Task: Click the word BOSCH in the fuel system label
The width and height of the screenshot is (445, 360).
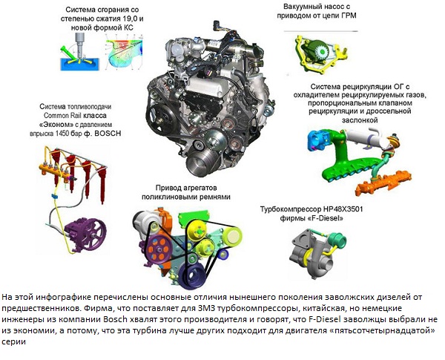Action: click(108, 134)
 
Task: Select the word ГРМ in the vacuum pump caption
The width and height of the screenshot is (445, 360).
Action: click(348, 16)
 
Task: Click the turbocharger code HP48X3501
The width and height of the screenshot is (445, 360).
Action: click(343, 209)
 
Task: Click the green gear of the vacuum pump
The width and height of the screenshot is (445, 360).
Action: click(319, 51)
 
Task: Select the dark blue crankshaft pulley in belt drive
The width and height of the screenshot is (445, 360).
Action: click(194, 274)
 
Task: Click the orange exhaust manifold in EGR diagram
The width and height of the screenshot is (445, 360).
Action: click(383, 183)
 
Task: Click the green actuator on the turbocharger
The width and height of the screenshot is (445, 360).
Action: click(339, 241)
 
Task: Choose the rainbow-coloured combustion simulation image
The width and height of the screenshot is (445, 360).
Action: click(124, 53)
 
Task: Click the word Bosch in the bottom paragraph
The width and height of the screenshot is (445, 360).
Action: click(116, 319)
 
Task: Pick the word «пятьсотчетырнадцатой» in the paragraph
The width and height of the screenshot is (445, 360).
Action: click(384, 331)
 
